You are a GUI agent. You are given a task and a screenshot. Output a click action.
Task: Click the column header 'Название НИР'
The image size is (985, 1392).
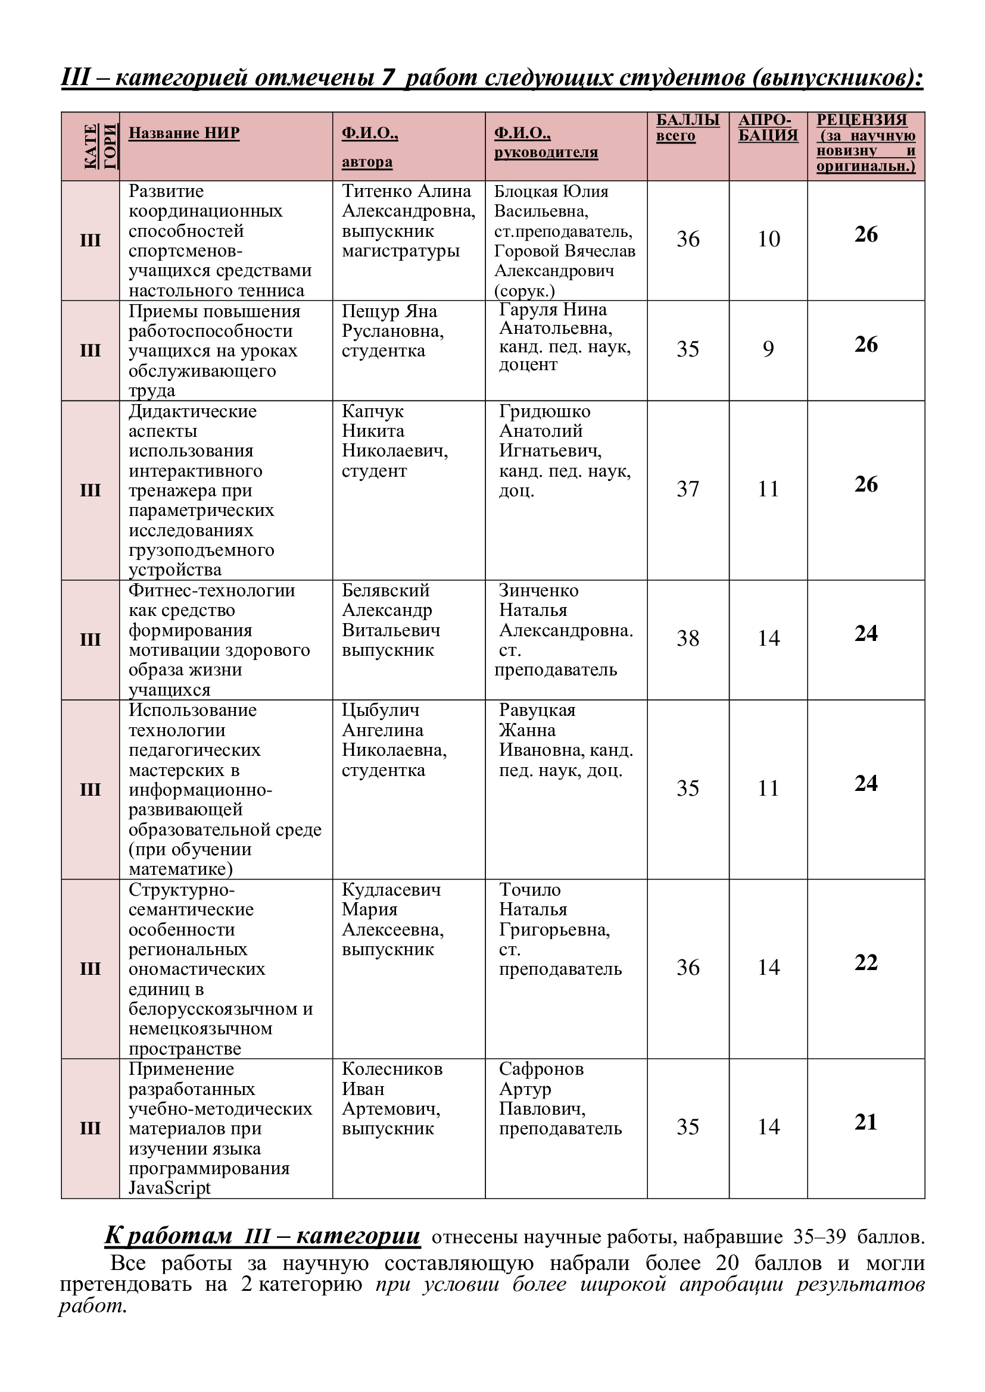184,133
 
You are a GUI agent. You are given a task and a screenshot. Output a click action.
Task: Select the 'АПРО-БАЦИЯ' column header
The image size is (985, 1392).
767,128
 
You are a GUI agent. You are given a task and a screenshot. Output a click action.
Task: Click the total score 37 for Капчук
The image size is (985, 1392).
688,489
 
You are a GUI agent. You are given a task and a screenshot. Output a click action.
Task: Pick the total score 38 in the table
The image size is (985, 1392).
688,639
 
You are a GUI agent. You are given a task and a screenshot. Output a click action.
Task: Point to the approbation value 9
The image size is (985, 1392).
768,349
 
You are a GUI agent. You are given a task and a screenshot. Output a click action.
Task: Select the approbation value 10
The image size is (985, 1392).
768,239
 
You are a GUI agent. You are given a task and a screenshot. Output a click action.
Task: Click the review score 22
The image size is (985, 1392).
865,963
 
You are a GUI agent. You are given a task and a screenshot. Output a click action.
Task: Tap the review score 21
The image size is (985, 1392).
865,1122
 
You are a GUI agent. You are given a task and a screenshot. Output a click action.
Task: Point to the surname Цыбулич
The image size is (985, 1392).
381,711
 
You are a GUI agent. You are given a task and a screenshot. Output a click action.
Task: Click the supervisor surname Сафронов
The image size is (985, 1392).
541,1069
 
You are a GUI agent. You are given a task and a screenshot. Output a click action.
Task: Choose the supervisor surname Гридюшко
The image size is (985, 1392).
544,412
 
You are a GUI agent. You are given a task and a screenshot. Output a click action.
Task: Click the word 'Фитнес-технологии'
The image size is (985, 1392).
211,590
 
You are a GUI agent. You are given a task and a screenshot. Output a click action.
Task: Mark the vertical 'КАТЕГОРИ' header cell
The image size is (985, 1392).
91,146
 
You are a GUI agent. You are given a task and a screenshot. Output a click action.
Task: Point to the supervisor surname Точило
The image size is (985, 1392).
529,890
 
